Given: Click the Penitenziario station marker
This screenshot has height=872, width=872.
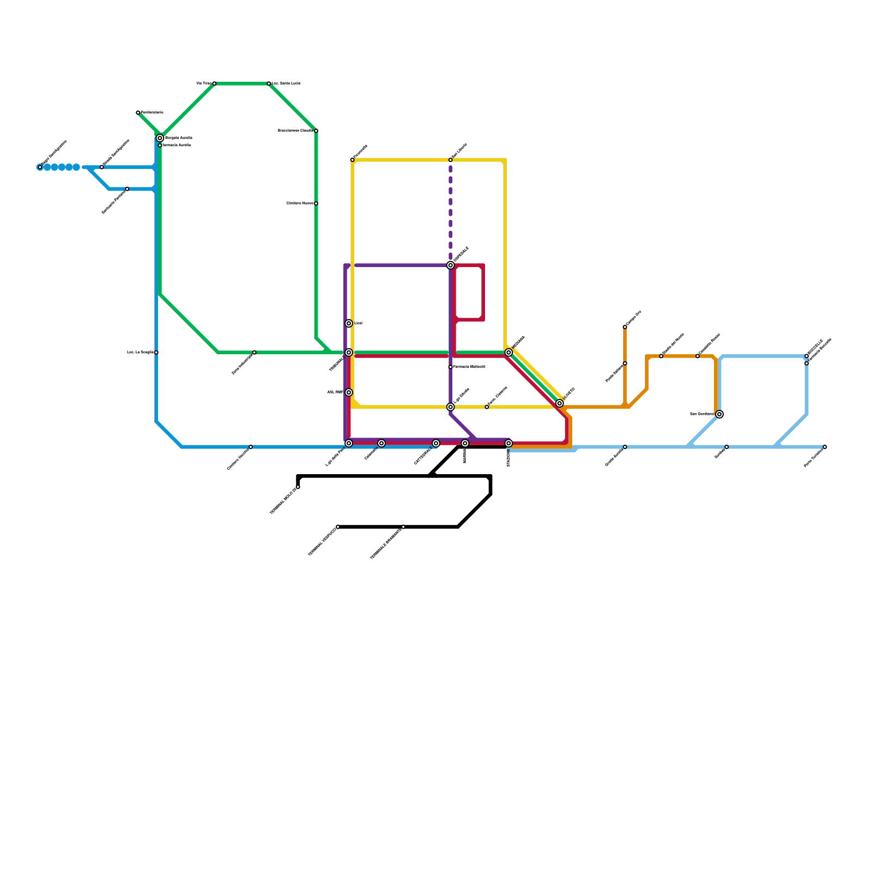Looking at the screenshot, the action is [138, 112].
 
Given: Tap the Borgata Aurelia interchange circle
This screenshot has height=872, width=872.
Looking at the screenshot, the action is [160, 138].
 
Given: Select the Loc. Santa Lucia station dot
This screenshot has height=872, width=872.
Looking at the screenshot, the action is [269, 83].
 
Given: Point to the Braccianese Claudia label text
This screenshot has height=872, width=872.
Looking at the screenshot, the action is [295, 131].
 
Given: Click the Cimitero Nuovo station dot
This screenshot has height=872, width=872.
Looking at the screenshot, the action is [316, 203].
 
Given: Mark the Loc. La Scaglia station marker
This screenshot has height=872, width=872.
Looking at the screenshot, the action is [156, 353].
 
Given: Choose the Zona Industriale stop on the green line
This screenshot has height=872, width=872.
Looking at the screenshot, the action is [255, 353].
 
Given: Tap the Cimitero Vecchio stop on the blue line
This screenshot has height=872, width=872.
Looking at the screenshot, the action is [251, 447].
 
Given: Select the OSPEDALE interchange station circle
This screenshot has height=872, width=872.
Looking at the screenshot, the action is [451, 265].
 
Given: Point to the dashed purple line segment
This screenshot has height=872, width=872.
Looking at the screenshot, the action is [451, 213].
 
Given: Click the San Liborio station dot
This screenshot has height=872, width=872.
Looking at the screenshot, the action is [451, 160].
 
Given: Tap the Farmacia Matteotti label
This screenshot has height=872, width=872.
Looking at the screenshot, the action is [469, 367].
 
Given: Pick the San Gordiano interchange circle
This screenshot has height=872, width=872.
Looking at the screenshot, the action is [719, 414].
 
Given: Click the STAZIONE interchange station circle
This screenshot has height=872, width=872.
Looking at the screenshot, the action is [508, 443].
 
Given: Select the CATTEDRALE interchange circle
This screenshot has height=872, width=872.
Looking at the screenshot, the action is [436, 443].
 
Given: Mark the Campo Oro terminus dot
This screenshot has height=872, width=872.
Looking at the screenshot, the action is [625, 327].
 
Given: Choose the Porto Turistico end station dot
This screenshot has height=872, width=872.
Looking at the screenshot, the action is [825, 447].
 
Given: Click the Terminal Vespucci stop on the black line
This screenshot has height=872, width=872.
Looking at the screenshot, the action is [338, 526].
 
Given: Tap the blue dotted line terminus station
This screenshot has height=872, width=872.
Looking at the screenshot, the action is [40, 167].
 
